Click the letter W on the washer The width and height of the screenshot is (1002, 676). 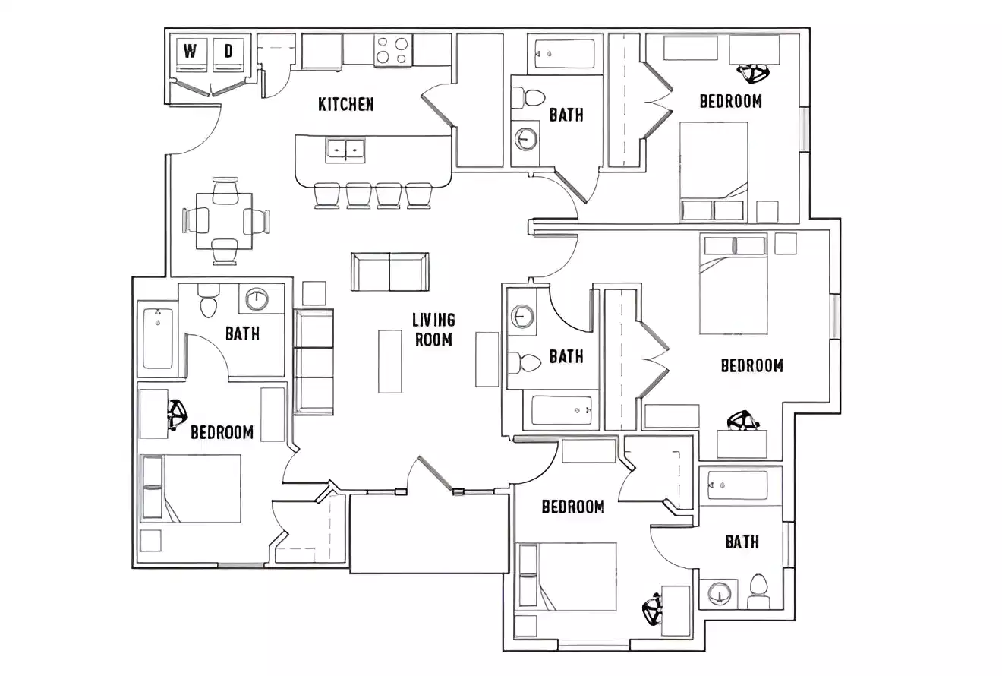click(x=191, y=52)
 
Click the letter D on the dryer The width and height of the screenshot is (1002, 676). click(x=228, y=52)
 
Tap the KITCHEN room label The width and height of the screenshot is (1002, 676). click(x=346, y=104)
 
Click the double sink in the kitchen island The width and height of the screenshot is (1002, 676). click(x=345, y=150)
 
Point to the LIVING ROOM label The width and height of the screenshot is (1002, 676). click(x=433, y=330)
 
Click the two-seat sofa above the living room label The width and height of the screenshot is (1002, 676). click(x=389, y=272)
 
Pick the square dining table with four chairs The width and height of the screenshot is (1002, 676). click(x=225, y=221)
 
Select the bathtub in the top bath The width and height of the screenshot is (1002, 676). click(x=565, y=54)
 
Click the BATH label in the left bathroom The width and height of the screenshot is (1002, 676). click(x=242, y=333)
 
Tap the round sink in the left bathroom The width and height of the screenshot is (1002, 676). click(x=257, y=299)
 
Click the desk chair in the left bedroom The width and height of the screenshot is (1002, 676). click(x=178, y=415)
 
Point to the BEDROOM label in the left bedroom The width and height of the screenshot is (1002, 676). click(x=222, y=432)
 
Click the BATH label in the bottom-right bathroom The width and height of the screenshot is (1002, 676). click(x=742, y=542)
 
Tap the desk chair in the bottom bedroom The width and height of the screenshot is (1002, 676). click(x=652, y=609)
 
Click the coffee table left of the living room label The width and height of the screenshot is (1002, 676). click(x=390, y=361)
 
